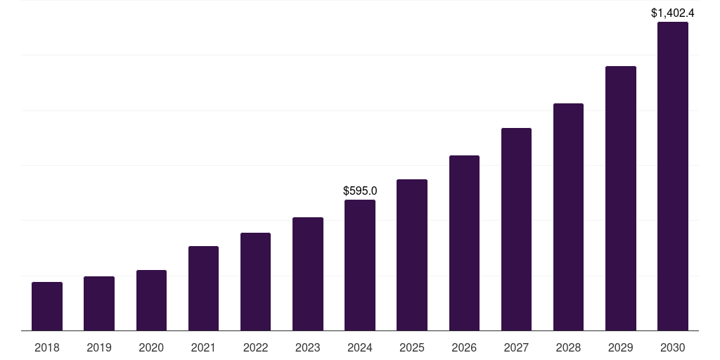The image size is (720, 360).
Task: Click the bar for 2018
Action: [x=47, y=306]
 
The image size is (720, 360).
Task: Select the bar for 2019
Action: [x=99, y=303]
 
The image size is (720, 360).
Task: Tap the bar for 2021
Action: [x=203, y=288]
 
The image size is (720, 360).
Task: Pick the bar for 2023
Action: [x=308, y=274]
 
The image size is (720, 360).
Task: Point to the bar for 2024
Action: [x=360, y=265]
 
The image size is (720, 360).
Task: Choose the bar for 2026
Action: [x=464, y=243]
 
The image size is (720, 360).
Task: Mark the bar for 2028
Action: [x=568, y=217]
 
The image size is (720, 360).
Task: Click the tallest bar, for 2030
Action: [x=673, y=176]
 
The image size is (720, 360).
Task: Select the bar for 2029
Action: [x=621, y=198]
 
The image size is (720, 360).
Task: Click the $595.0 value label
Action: [x=360, y=191]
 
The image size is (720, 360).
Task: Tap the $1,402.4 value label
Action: [x=673, y=13]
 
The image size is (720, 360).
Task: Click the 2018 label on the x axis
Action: [x=47, y=347]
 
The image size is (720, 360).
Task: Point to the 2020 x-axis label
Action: [x=151, y=347]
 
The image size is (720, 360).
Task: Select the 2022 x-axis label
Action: [x=255, y=347]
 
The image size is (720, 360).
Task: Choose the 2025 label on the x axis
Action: [x=412, y=347]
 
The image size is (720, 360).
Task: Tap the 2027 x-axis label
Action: [x=516, y=347]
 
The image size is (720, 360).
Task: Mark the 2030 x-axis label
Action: [x=673, y=347]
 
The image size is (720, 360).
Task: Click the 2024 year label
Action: [x=360, y=347]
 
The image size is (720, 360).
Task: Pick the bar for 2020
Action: [x=151, y=300]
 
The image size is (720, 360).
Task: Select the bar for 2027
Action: [x=516, y=229]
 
